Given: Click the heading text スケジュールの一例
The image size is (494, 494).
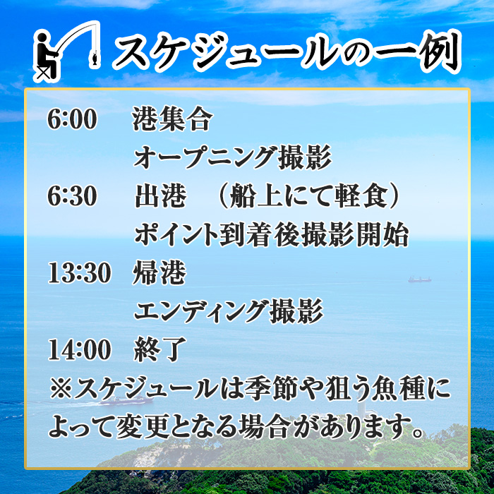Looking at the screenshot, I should (x=286, y=52).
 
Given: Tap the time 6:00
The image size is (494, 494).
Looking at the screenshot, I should (x=72, y=121).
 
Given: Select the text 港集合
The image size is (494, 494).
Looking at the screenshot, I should (x=172, y=121).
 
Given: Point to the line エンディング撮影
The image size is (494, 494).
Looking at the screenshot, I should (x=228, y=311).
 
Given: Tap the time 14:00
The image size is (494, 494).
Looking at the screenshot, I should (x=79, y=349).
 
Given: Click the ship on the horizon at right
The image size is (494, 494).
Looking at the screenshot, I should (x=419, y=279).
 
